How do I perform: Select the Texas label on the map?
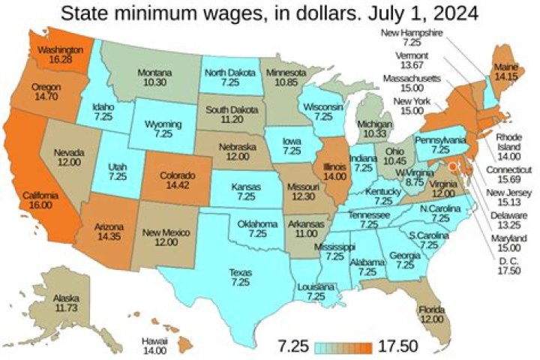tap(240, 277)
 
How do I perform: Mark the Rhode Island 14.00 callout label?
tap(511, 145)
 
